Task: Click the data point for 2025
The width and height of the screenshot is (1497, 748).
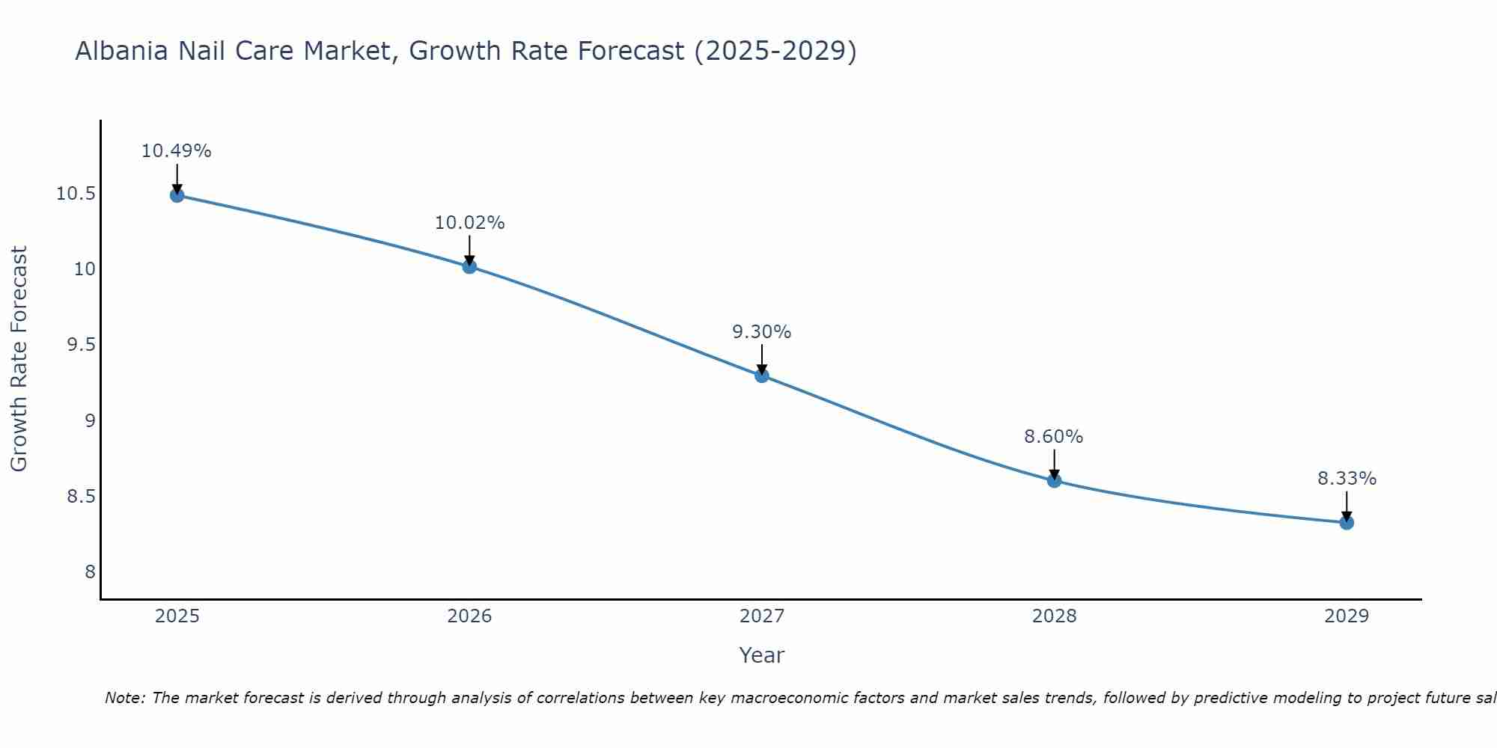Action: point(177,195)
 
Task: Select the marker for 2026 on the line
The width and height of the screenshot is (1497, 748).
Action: point(469,266)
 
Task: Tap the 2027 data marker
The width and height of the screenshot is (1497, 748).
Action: point(762,375)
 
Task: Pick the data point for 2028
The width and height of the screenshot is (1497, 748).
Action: point(1054,480)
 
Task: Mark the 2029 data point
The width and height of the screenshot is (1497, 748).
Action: point(1347,522)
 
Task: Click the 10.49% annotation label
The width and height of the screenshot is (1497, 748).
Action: point(177,151)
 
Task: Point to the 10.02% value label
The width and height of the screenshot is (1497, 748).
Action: point(469,223)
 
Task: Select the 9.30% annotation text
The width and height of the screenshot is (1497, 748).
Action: point(762,332)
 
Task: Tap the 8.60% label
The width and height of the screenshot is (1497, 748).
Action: point(1054,437)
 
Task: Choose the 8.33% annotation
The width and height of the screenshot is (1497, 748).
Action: point(1347,479)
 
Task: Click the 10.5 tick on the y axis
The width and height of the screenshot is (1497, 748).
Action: point(76,194)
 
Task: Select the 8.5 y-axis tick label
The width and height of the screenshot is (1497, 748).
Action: point(81,497)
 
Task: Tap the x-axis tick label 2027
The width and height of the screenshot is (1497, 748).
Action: point(762,616)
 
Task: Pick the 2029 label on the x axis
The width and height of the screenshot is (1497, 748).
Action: point(1347,616)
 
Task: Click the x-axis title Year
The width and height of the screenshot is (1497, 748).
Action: point(762,655)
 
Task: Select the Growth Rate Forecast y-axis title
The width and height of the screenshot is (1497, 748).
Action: point(19,358)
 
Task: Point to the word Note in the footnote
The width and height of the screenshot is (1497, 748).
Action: point(124,698)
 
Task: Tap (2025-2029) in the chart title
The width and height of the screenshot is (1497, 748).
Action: point(775,52)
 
